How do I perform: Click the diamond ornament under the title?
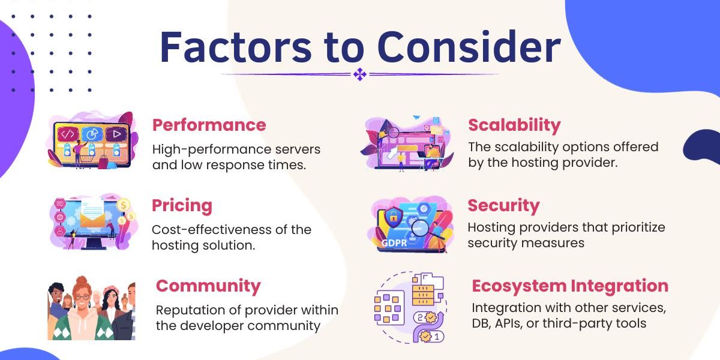click(x=359, y=74)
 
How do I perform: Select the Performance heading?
click(x=209, y=125)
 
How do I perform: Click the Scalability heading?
click(x=514, y=125)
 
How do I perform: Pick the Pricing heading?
click(x=182, y=206)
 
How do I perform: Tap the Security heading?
click(x=503, y=206)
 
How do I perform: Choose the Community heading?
click(x=208, y=286)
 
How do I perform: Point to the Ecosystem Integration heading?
click(x=570, y=286)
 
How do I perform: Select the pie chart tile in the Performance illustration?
click(x=92, y=133)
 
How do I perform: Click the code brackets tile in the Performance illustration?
click(x=67, y=133)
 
